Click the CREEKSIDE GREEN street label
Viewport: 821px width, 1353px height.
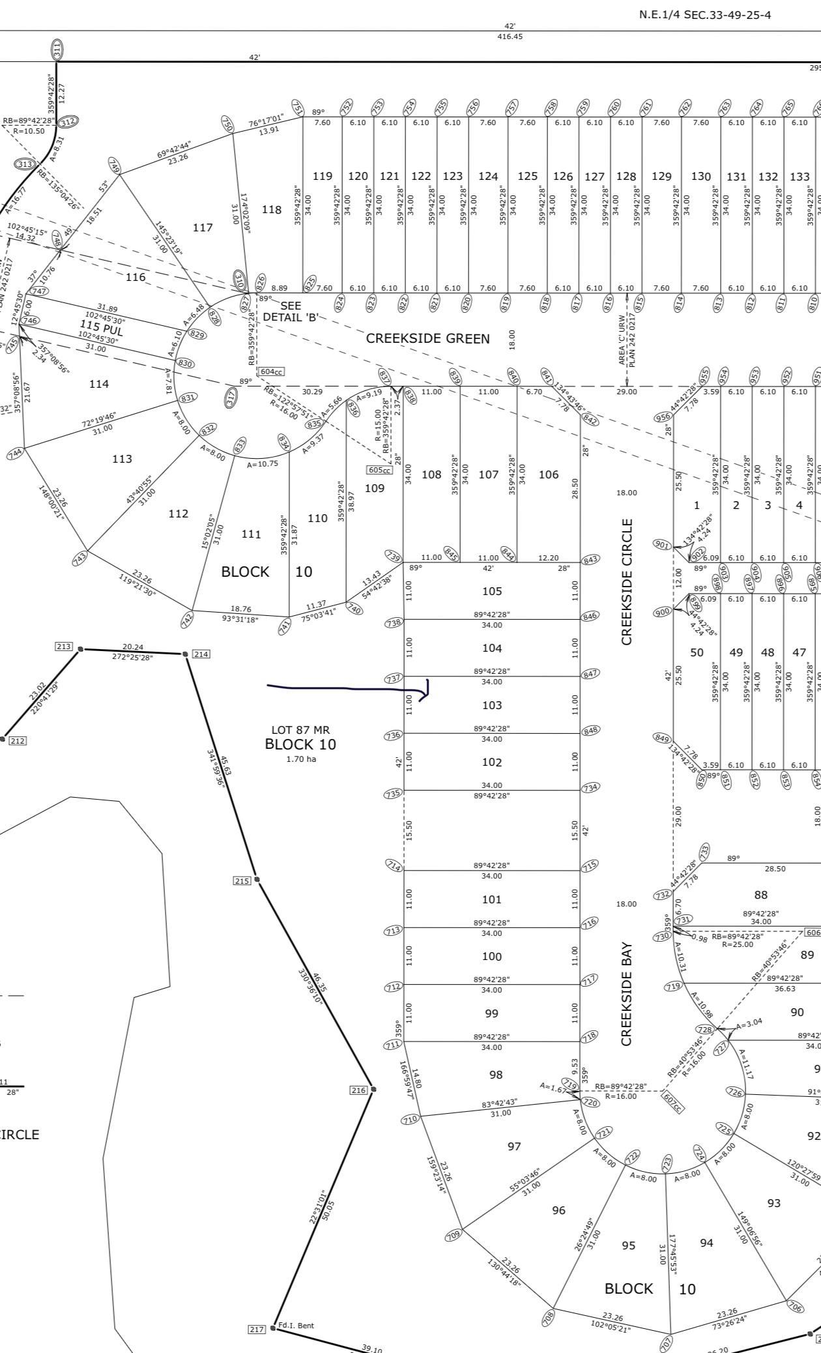[x=427, y=338]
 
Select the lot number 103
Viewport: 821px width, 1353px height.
[x=493, y=705]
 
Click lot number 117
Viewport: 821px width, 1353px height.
[x=203, y=227]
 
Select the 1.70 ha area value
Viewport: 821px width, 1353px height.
[x=300, y=759]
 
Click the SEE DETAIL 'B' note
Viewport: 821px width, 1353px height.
[x=291, y=312]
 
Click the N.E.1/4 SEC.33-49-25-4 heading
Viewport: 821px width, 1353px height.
[x=705, y=15]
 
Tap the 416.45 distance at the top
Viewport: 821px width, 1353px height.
[x=510, y=36]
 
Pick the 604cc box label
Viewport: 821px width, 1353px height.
[x=271, y=371]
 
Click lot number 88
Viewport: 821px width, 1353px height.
[x=760, y=895]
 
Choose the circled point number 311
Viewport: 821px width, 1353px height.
[x=57, y=48]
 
